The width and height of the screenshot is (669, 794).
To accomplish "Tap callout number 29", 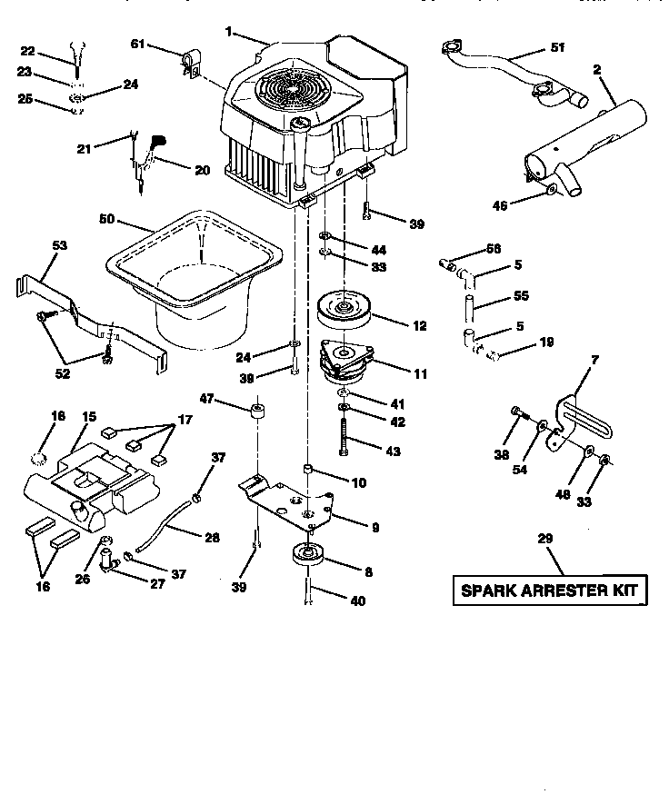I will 544,540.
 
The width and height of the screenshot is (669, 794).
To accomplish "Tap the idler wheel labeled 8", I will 306,557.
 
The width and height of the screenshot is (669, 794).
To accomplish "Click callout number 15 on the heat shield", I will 89,416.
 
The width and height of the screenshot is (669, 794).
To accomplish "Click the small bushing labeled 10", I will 308,469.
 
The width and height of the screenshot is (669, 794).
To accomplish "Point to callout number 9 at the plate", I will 374,527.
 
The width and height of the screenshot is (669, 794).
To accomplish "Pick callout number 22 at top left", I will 26,51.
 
